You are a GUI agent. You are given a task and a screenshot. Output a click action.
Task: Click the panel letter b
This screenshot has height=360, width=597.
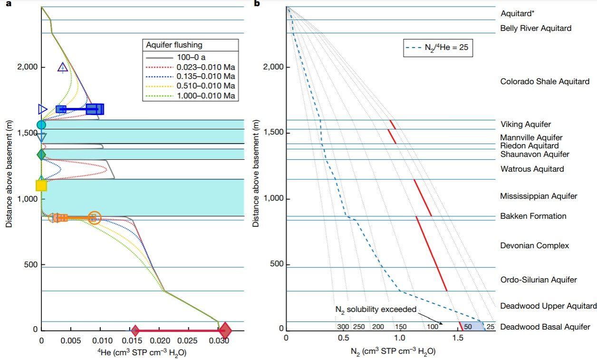click(x=257, y=4)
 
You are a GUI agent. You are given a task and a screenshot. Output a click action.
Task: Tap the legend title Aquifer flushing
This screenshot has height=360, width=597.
click(x=174, y=45)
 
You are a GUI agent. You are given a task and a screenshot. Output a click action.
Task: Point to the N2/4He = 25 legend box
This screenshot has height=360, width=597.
click(x=438, y=48)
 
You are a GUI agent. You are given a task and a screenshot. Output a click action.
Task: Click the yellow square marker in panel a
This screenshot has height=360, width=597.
click(x=41, y=185)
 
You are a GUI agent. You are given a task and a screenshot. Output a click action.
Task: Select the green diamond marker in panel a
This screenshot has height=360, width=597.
click(x=41, y=155)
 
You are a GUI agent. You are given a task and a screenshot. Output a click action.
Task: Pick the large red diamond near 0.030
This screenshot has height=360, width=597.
click(x=225, y=330)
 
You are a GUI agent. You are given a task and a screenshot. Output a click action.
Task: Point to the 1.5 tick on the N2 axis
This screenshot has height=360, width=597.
click(x=458, y=338)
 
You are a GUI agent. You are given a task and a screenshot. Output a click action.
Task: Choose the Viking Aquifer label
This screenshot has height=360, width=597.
click(x=526, y=125)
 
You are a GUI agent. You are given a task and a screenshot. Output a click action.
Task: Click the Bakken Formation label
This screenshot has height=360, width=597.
click(x=527, y=216)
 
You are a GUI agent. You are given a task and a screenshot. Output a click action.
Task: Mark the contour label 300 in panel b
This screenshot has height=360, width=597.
click(x=343, y=327)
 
